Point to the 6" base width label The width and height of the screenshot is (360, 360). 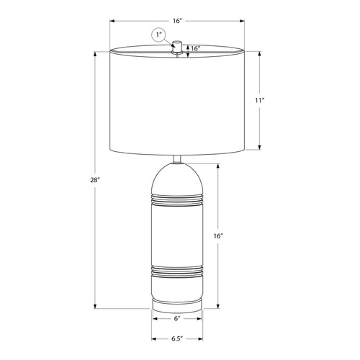176,318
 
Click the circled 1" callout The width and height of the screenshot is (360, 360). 158,35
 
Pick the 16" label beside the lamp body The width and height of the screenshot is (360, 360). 219,235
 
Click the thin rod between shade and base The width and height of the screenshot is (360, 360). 176,159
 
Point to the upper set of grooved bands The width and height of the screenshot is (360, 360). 176,199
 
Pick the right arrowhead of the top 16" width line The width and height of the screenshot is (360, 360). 242,21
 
